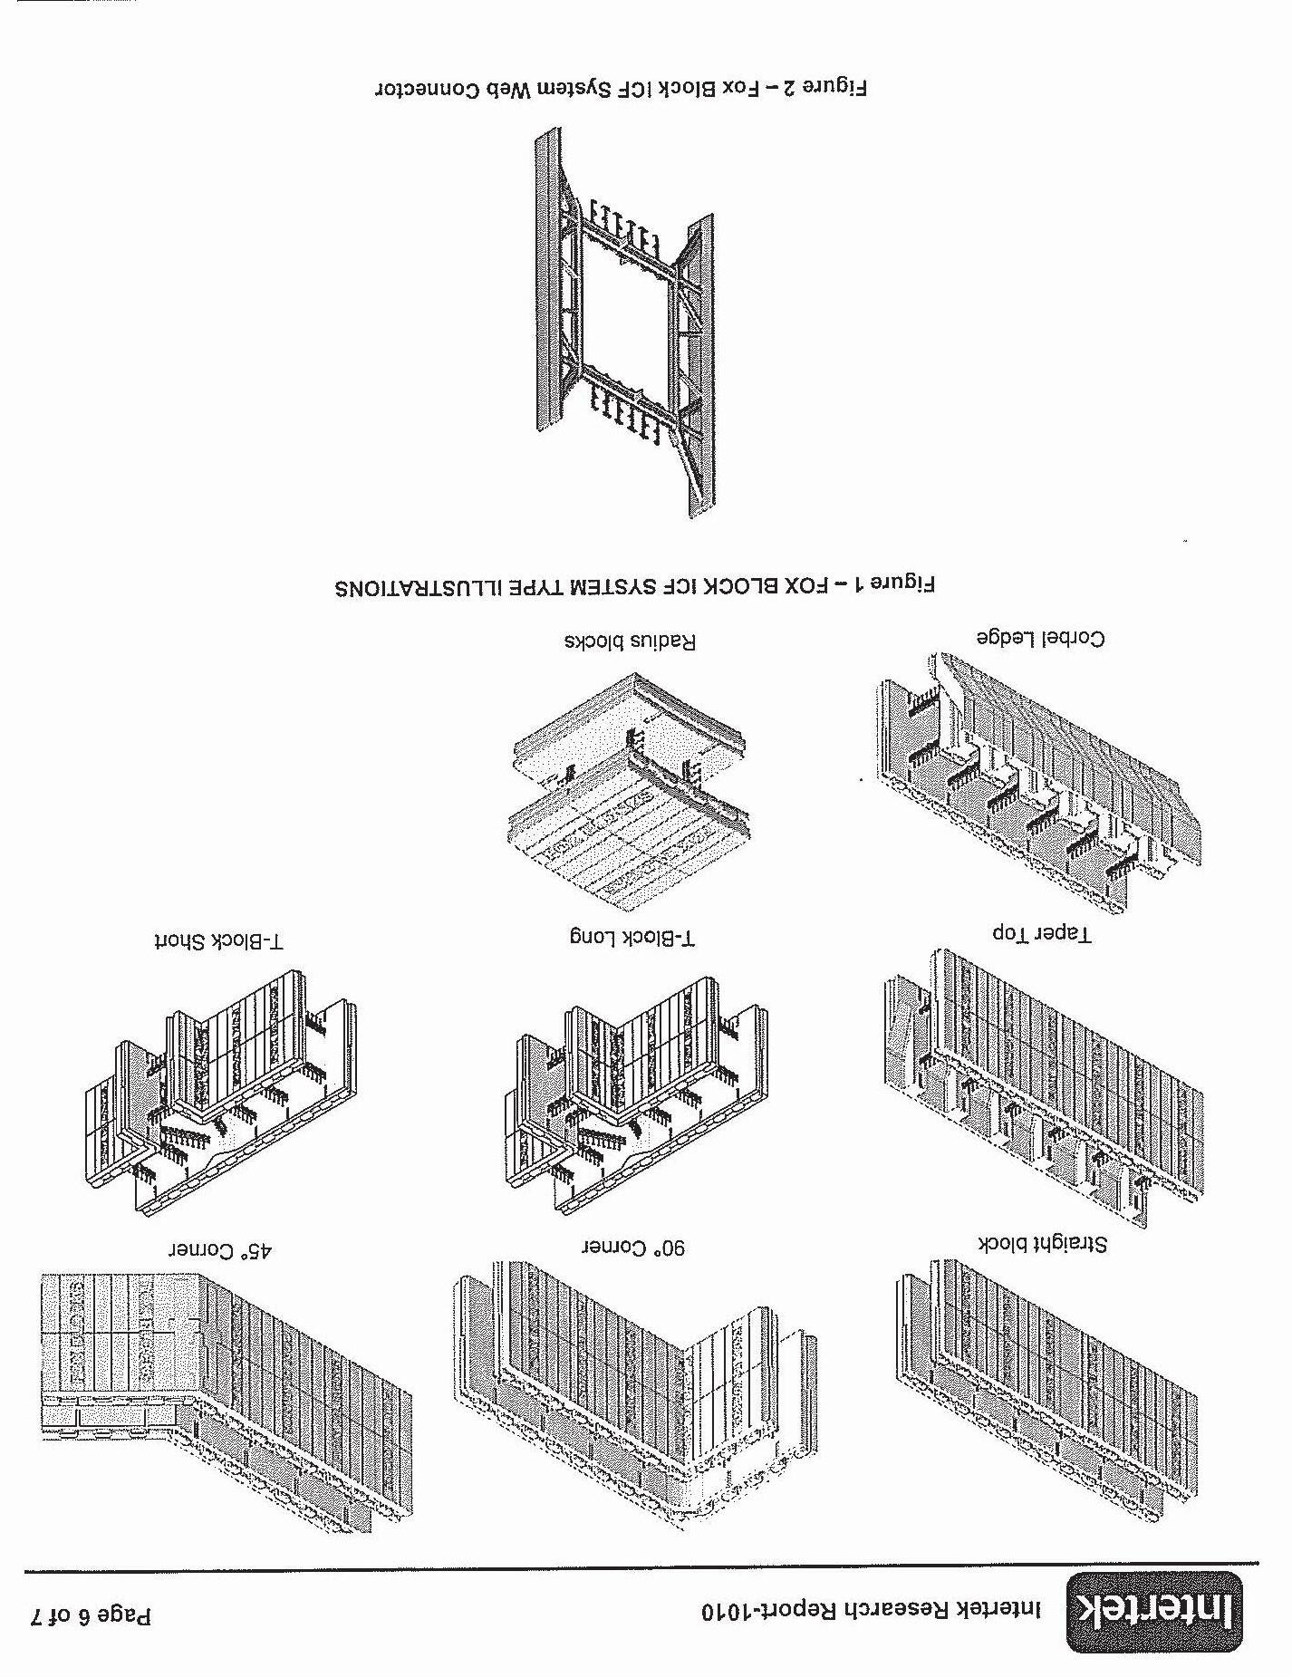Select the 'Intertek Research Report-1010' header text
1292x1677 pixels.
coord(871,1610)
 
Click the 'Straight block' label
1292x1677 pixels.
coord(1042,1243)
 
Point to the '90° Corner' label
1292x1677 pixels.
coord(633,1248)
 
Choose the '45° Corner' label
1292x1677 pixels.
coord(221,1251)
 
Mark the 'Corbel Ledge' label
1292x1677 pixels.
coord(1041,639)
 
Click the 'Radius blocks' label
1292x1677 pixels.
coord(631,642)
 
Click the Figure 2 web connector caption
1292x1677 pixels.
coord(622,89)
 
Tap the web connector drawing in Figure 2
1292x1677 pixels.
coord(625,322)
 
